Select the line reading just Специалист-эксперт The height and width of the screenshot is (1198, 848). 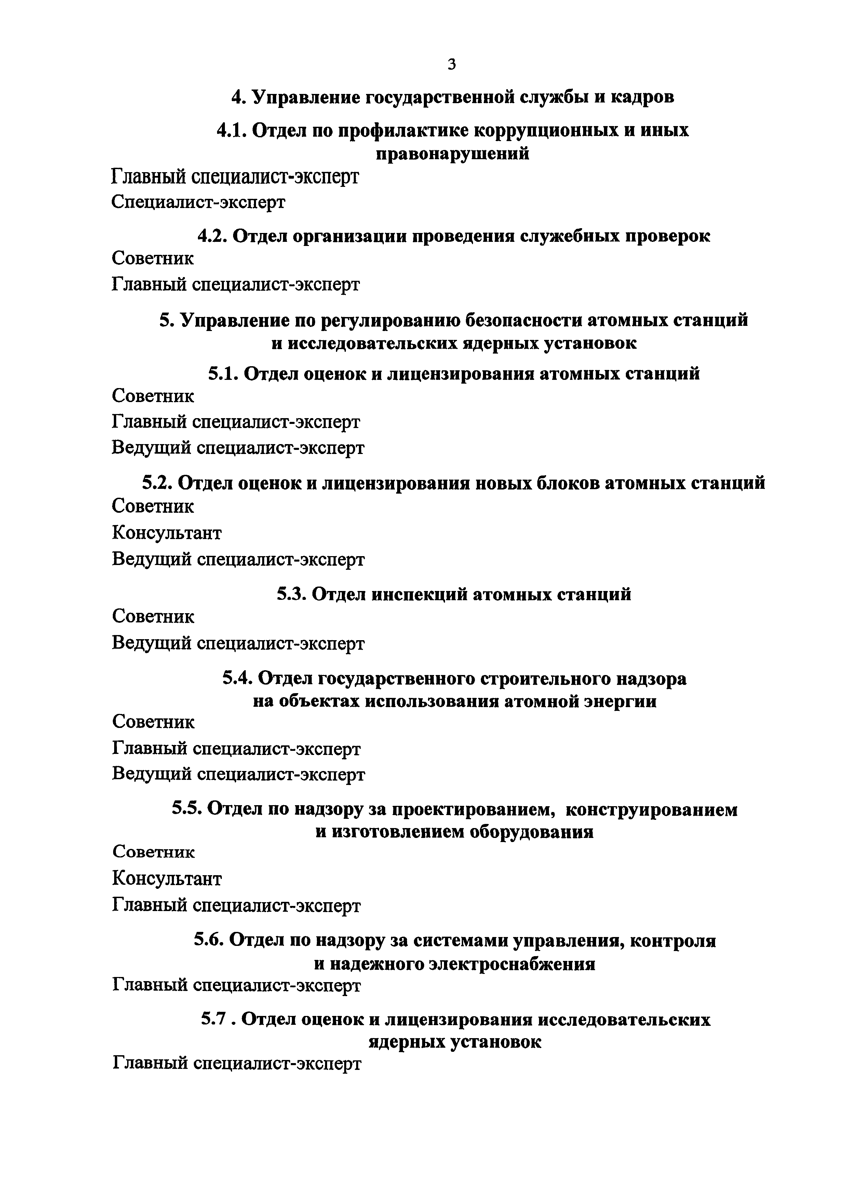pos(199,202)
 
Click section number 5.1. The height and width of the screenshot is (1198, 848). pos(223,374)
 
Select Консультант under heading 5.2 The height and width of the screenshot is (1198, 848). pos(166,533)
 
